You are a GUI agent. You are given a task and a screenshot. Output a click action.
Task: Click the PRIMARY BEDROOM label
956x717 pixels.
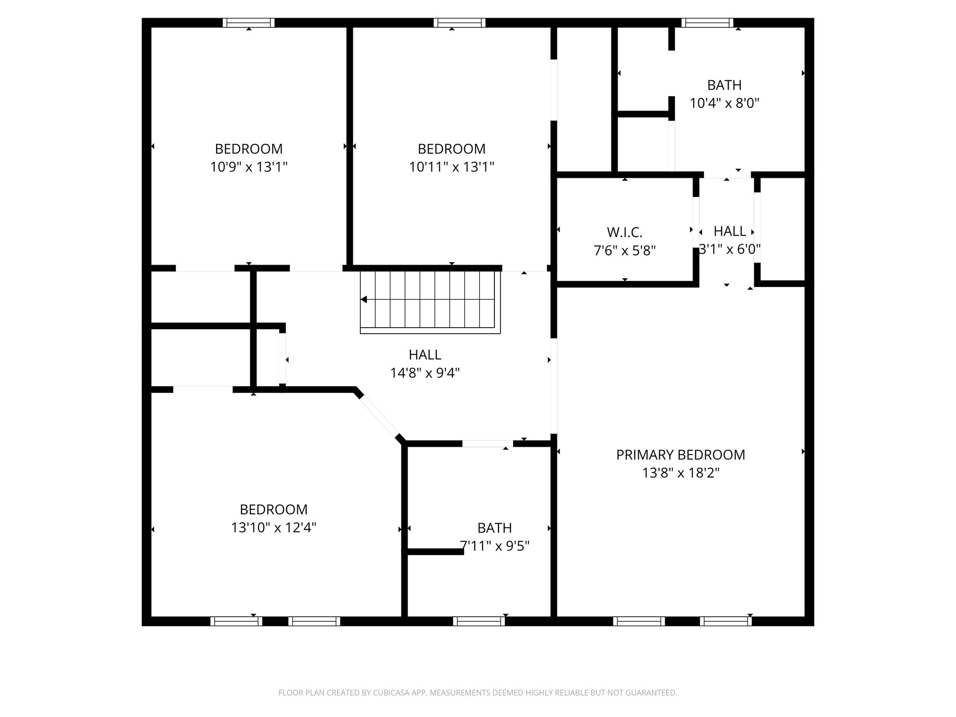click(x=680, y=455)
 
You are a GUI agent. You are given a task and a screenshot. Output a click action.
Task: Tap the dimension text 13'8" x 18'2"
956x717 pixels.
click(x=680, y=473)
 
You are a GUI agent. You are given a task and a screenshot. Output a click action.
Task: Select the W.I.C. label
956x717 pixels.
click(x=625, y=232)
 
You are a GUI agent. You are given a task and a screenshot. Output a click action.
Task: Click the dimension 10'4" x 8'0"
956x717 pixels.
click(x=724, y=103)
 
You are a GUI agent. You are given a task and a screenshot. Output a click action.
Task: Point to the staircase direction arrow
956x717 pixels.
click(x=364, y=299)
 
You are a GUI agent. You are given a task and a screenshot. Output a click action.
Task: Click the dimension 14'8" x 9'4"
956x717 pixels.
click(x=425, y=373)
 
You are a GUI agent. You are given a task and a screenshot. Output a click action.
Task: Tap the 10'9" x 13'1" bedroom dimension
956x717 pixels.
click(x=248, y=167)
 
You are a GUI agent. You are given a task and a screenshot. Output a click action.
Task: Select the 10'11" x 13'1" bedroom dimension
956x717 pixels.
click(x=451, y=167)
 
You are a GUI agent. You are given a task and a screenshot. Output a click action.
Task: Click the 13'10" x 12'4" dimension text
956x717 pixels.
click(x=274, y=527)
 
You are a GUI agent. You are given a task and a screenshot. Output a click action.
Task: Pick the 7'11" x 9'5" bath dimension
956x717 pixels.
click(x=494, y=546)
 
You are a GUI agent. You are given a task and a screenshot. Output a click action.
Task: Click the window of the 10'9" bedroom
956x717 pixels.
click(x=248, y=23)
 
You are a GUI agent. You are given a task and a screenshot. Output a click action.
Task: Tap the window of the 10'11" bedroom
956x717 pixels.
click(x=459, y=23)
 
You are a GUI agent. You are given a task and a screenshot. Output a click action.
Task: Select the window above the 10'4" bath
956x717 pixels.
click(x=707, y=23)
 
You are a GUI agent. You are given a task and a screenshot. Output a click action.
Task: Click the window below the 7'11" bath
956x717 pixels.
click(x=479, y=621)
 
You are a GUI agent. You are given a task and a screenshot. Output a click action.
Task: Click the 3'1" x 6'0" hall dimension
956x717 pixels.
click(x=730, y=249)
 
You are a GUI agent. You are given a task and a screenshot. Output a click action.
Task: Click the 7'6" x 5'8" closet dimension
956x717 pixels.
click(x=625, y=251)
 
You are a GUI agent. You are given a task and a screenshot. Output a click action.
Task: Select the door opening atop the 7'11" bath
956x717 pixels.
click(x=487, y=443)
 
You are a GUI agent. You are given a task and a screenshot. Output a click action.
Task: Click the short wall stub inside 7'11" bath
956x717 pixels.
click(x=435, y=551)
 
